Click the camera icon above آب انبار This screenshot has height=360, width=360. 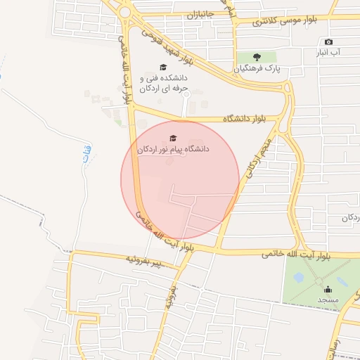(x=328, y=42)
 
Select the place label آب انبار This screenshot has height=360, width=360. (x=328, y=53)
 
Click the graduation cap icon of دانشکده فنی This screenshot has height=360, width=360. (x=163, y=67)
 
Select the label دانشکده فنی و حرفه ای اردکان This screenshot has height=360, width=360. (x=165, y=84)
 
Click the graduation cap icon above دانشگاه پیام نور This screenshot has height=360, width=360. (x=173, y=138)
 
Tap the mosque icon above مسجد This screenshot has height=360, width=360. (x=328, y=288)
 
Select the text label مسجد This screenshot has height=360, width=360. (x=328, y=300)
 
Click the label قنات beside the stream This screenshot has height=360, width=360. (x=86, y=152)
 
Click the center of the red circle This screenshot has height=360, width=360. (x=180, y=180)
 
